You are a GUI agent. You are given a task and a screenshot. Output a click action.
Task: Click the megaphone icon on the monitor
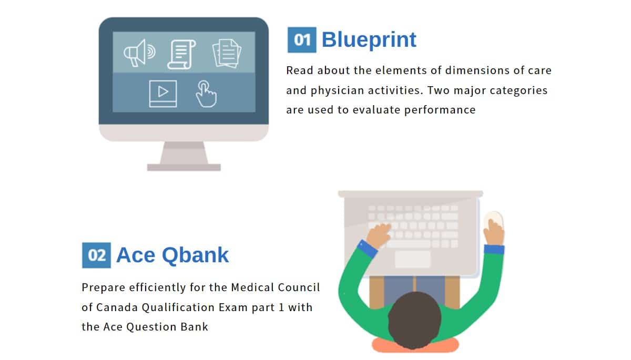point(139,53)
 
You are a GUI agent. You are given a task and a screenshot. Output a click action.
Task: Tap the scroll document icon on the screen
point(182,54)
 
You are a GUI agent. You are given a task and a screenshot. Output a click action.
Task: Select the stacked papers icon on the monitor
point(227,54)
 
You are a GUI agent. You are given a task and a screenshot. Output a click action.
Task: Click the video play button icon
point(163,94)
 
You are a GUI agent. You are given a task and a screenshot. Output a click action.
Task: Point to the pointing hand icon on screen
point(207,94)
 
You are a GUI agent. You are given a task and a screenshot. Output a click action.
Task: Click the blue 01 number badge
point(302,40)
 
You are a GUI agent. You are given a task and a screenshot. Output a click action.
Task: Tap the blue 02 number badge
point(96,255)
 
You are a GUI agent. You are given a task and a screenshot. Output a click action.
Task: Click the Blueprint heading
point(369,40)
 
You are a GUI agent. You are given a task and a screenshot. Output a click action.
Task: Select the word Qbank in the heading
point(195,255)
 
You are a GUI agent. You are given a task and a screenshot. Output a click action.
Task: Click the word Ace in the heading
point(136,255)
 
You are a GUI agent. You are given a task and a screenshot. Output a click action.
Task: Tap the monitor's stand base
point(184,167)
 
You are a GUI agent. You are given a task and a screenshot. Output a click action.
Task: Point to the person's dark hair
point(414,320)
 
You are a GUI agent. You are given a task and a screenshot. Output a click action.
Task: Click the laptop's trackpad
point(413,259)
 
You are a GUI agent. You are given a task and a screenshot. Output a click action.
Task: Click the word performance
point(440,110)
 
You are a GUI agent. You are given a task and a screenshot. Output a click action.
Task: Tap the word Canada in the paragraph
point(117,307)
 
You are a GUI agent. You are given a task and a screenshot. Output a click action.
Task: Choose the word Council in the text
point(299,287)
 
